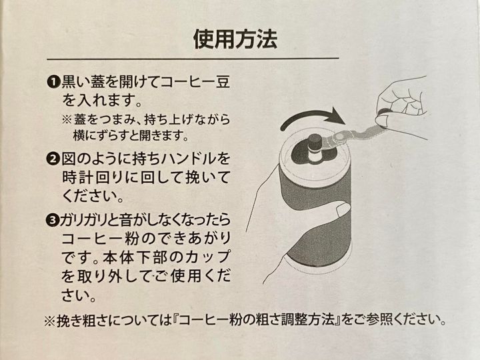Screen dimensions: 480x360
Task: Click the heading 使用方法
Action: [235, 39]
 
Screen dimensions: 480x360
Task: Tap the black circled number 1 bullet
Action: [53, 82]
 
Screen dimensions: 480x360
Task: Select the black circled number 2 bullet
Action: [53, 159]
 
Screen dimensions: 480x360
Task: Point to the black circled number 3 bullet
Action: [53, 220]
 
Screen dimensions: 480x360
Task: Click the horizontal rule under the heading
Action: [193, 58]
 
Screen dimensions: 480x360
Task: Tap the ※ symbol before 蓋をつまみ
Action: [67, 119]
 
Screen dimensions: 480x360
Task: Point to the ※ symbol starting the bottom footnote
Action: [49, 321]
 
